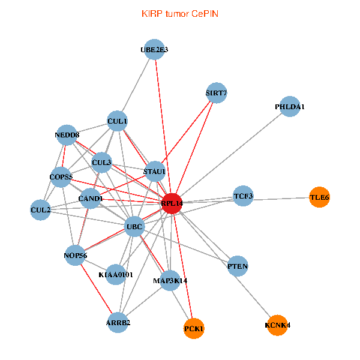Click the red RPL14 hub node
172,203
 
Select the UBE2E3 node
154,50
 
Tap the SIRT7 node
216,92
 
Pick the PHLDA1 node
290,106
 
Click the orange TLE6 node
319,197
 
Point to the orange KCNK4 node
277,325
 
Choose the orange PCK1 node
194,328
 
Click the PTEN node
238,266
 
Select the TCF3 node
243,196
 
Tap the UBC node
134,226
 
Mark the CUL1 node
118,121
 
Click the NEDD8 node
67,135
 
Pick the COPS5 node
61,177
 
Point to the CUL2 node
40,209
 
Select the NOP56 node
76,256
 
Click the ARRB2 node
118,322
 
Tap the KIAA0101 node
115,274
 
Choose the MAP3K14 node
170,280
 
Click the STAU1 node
154,172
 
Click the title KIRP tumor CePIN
180,13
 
